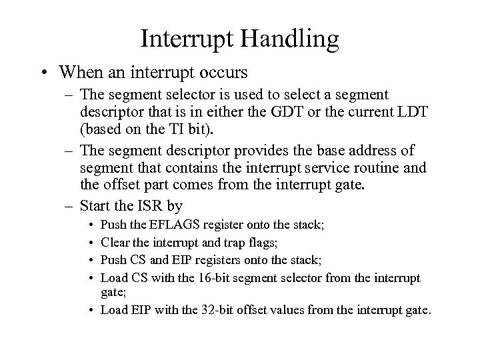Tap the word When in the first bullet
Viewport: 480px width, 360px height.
coord(81,71)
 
